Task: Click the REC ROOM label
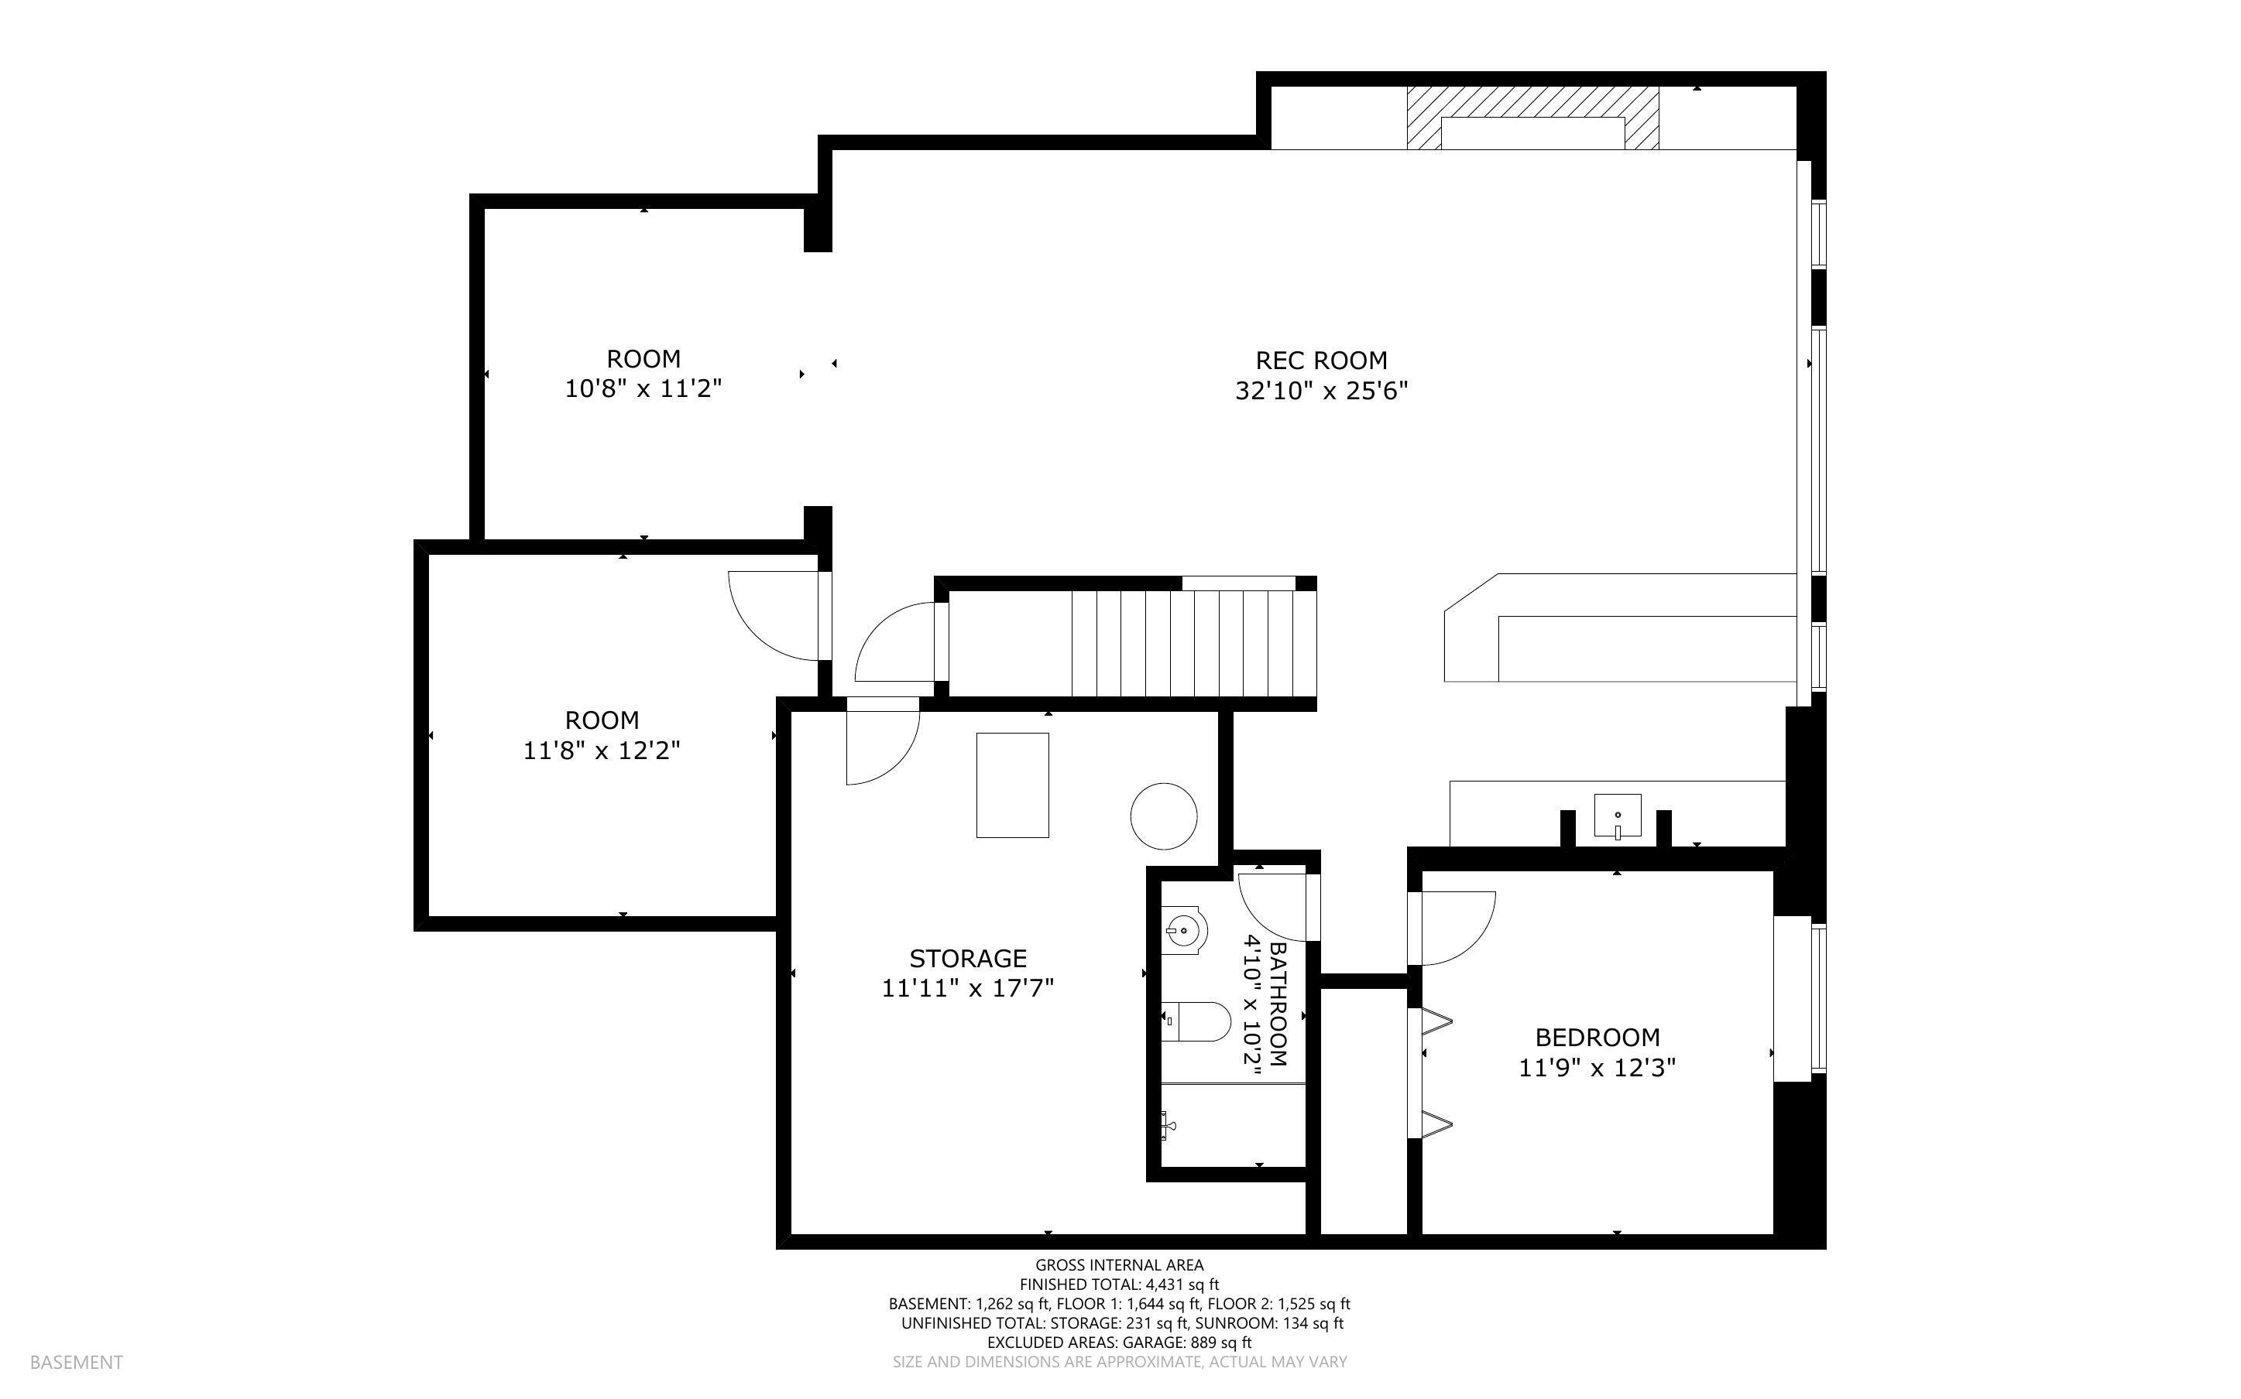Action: (1321, 360)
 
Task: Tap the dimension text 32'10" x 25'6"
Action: (1321, 392)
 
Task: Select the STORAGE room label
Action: (967, 958)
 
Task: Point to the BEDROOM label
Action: (1597, 1037)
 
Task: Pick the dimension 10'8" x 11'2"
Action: (643, 388)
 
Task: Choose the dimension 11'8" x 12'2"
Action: (602, 751)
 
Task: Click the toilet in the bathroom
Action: (1196, 1021)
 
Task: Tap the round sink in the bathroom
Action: (1184, 931)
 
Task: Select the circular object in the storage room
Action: (1164, 816)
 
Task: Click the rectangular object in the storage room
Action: (1013, 785)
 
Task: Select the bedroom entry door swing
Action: (1453, 925)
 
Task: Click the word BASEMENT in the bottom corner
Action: (76, 1362)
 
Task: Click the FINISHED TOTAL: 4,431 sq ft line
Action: (1119, 1284)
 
